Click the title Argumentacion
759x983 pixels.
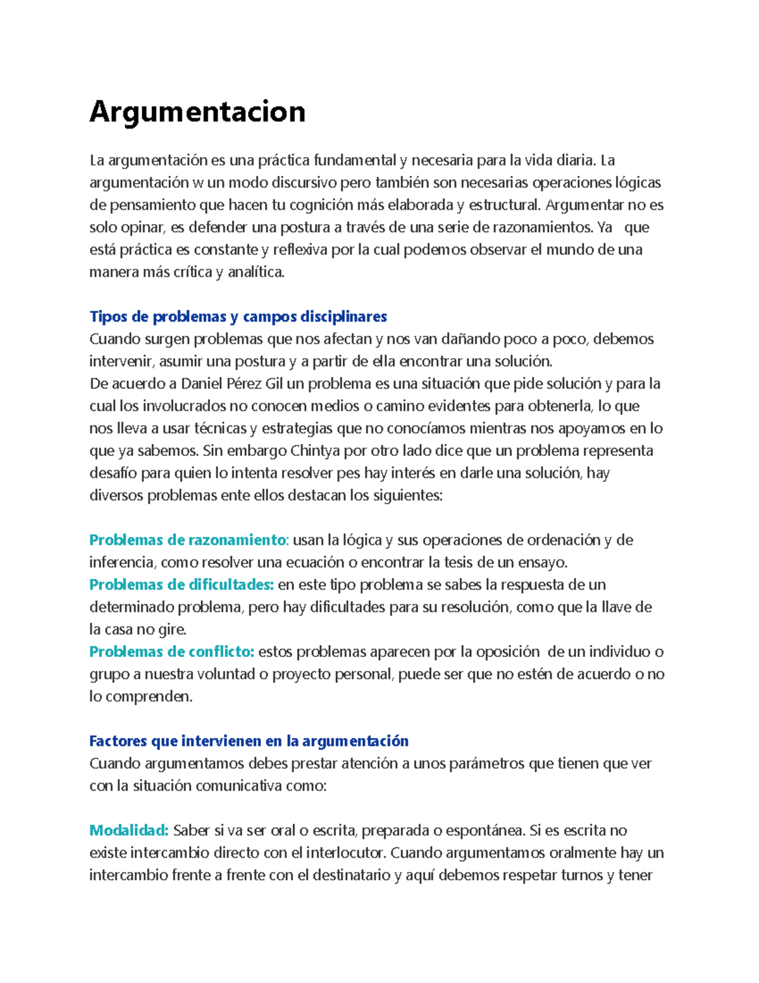coord(197,112)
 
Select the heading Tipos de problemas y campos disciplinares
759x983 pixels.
coord(238,316)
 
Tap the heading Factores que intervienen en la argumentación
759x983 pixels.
coord(249,741)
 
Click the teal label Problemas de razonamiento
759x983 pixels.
coord(188,540)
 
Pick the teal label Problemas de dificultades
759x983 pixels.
coord(181,584)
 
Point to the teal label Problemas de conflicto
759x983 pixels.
coord(171,651)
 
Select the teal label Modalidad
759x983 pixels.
coord(129,830)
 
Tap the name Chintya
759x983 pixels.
coord(315,451)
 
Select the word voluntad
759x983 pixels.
coord(226,674)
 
